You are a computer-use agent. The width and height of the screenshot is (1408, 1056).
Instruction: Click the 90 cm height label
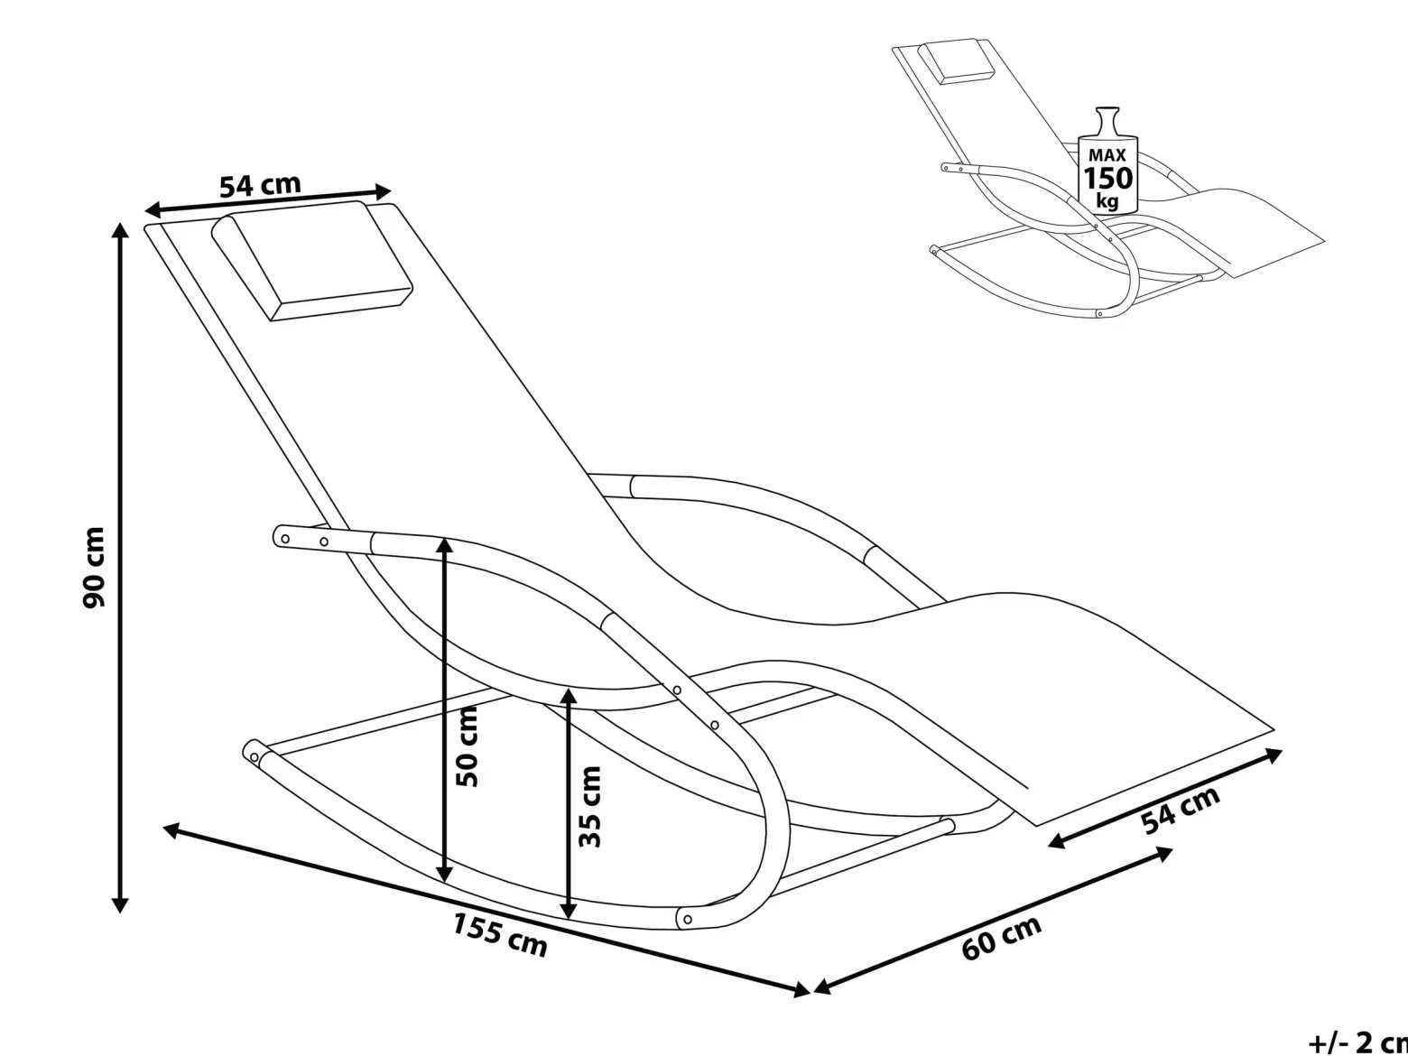94,568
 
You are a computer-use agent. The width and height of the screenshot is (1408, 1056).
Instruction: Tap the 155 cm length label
500,934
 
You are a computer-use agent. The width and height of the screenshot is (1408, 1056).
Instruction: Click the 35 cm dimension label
589,807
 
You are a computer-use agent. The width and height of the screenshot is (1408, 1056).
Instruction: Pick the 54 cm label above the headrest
260,185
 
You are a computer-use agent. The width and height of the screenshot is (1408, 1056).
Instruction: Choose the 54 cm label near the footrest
1181,811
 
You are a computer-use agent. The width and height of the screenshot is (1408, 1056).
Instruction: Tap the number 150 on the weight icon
1107,178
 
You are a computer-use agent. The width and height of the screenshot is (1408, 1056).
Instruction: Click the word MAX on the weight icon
1107,155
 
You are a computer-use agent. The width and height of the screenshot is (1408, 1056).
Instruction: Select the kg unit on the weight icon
1107,201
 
